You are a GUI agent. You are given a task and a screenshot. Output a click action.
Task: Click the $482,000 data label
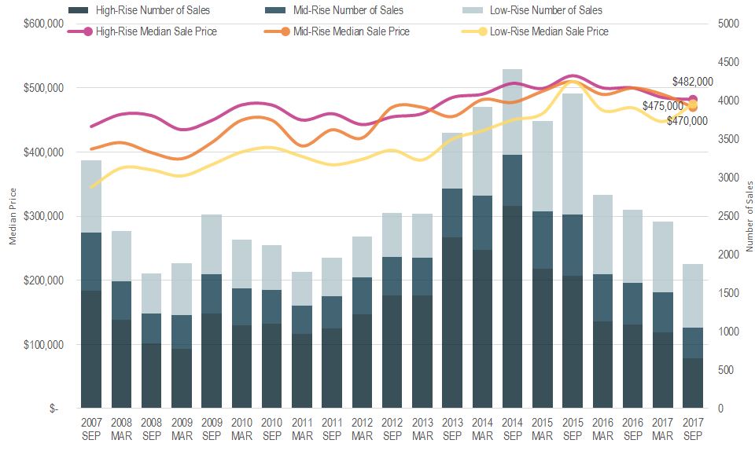tap(692, 82)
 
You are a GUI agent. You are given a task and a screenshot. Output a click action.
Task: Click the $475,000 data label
tap(663, 106)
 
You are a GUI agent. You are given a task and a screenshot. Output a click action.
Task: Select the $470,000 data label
tap(687, 121)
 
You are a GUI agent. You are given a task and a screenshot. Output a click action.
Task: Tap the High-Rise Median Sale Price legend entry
tap(155, 31)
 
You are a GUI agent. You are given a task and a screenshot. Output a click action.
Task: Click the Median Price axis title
tap(13, 216)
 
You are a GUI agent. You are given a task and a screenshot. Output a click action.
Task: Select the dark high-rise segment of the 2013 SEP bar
tap(452, 322)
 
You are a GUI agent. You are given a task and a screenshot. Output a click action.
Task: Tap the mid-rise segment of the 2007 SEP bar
tap(91, 262)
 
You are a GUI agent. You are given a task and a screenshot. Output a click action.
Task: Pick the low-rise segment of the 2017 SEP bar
tap(692, 295)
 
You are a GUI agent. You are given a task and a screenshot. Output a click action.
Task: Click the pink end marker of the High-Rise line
tap(693, 99)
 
